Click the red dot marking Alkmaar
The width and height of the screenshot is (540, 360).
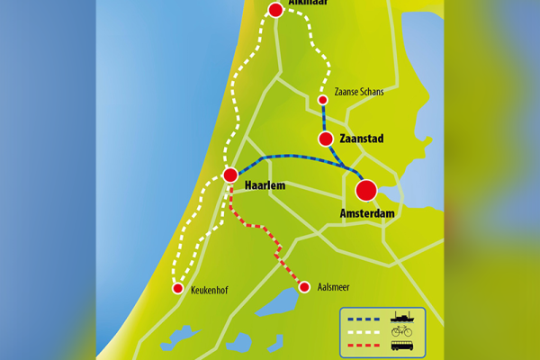click(275, 10)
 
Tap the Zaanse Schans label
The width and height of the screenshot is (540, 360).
click(358, 92)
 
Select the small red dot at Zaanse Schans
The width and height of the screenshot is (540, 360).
click(322, 100)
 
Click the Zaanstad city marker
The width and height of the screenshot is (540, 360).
click(326, 139)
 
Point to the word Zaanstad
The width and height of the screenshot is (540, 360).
click(364, 139)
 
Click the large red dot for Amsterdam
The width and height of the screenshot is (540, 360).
click(365, 191)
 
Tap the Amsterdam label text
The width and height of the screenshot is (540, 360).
click(368, 214)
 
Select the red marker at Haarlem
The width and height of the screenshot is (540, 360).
click(230, 175)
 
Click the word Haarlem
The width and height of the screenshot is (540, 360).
click(265, 186)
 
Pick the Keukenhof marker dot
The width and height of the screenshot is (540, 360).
click(177, 288)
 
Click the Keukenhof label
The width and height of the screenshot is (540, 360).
click(212, 291)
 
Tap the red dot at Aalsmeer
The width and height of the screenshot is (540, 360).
click(304, 287)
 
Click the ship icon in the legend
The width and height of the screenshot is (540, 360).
click(401, 317)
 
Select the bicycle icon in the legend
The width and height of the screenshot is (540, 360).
click(401, 331)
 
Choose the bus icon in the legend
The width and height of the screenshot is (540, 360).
click(401, 346)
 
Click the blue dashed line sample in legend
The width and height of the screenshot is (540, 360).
click(364, 318)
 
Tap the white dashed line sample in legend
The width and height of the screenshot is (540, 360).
click(364, 332)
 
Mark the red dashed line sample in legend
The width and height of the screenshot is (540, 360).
click(364, 346)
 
